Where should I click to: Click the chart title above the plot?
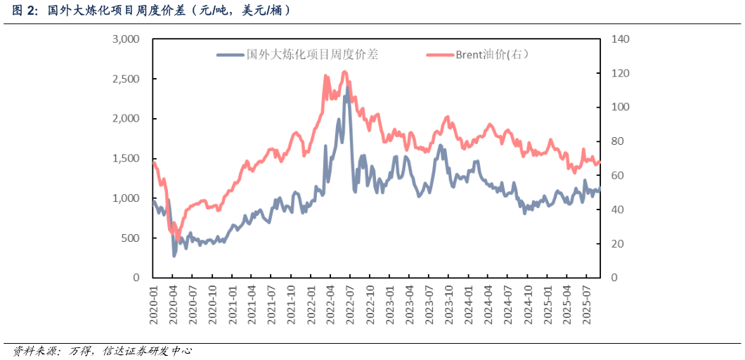[x=151, y=11]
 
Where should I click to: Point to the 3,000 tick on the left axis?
[x=126, y=39]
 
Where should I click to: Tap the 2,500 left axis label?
[x=126, y=79]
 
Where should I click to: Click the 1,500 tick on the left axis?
[x=126, y=159]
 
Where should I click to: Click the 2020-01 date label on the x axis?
[x=154, y=303]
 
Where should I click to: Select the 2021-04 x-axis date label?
[x=253, y=303]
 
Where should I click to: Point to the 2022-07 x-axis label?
[x=350, y=303]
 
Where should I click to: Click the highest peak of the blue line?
[x=347, y=88]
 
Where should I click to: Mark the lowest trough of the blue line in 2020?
[x=174, y=255]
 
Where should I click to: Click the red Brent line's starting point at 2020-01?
[x=154, y=163]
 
